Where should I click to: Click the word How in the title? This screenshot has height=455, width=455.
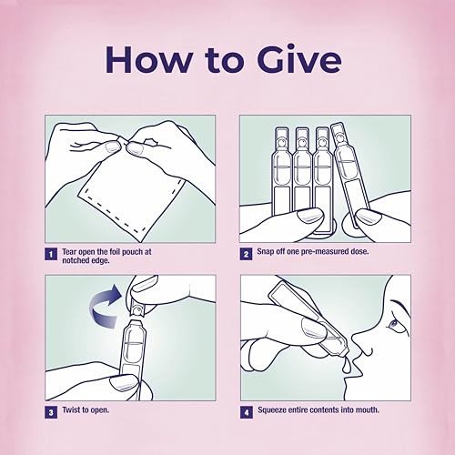pyautogui.click(x=148, y=59)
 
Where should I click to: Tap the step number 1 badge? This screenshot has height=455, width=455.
pyautogui.click(x=51, y=254)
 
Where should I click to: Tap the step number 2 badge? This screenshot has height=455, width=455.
pyautogui.click(x=246, y=254)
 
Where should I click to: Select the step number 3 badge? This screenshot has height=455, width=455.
pyautogui.click(x=51, y=412)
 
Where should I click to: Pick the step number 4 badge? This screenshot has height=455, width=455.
pyautogui.click(x=246, y=412)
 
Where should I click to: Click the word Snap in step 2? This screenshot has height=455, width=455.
pyautogui.click(x=265, y=251)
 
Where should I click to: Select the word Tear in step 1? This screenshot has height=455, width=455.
pyautogui.click(x=69, y=252)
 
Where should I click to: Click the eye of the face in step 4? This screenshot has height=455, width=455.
pyautogui.click(x=393, y=324)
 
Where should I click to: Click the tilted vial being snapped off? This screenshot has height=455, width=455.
pyautogui.click(x=347, y=175)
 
